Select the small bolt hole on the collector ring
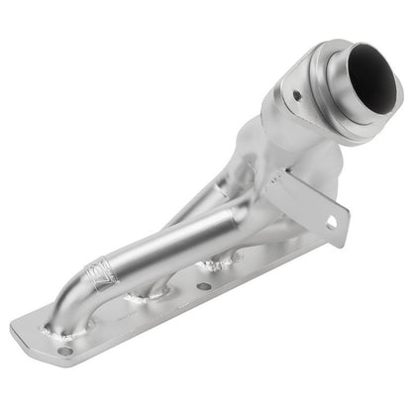pyautogui.click(x=297, y=95)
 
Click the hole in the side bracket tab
pyautogui.click(x=332, y=224)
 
